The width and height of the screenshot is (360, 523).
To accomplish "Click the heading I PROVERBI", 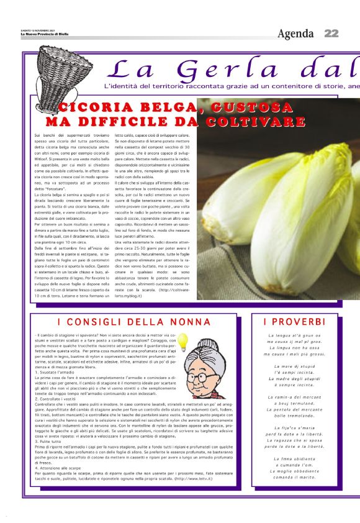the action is [x=294, y=322].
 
